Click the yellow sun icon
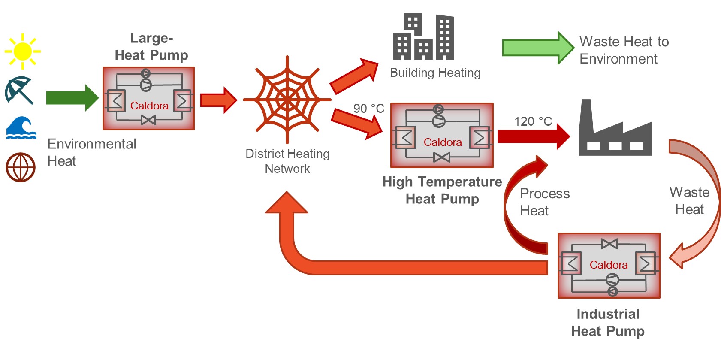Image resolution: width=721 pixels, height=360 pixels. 22,51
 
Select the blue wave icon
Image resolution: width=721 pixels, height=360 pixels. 21,127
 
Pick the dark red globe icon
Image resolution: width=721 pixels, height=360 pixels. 20,167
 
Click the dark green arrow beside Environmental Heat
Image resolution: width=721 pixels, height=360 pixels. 72,98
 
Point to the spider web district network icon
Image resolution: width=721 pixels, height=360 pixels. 287,100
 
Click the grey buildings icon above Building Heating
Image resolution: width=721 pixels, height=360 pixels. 423,37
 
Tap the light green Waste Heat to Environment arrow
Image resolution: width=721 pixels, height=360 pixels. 538,48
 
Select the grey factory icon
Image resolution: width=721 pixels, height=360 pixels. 615,131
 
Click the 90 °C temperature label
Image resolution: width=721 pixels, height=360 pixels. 369,109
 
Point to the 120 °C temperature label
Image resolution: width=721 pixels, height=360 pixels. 533,121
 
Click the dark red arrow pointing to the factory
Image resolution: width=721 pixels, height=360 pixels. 533,136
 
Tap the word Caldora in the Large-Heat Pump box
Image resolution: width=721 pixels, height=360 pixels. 149,106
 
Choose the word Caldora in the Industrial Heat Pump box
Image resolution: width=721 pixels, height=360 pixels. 608,265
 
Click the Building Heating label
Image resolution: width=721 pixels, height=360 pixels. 435,73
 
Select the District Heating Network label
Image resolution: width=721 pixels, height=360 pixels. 287,161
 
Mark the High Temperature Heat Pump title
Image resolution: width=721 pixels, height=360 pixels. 442,190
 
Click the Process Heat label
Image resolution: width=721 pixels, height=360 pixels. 544,202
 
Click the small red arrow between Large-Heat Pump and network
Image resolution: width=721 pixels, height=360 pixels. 218,100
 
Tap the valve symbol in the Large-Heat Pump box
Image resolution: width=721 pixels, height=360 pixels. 148,121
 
